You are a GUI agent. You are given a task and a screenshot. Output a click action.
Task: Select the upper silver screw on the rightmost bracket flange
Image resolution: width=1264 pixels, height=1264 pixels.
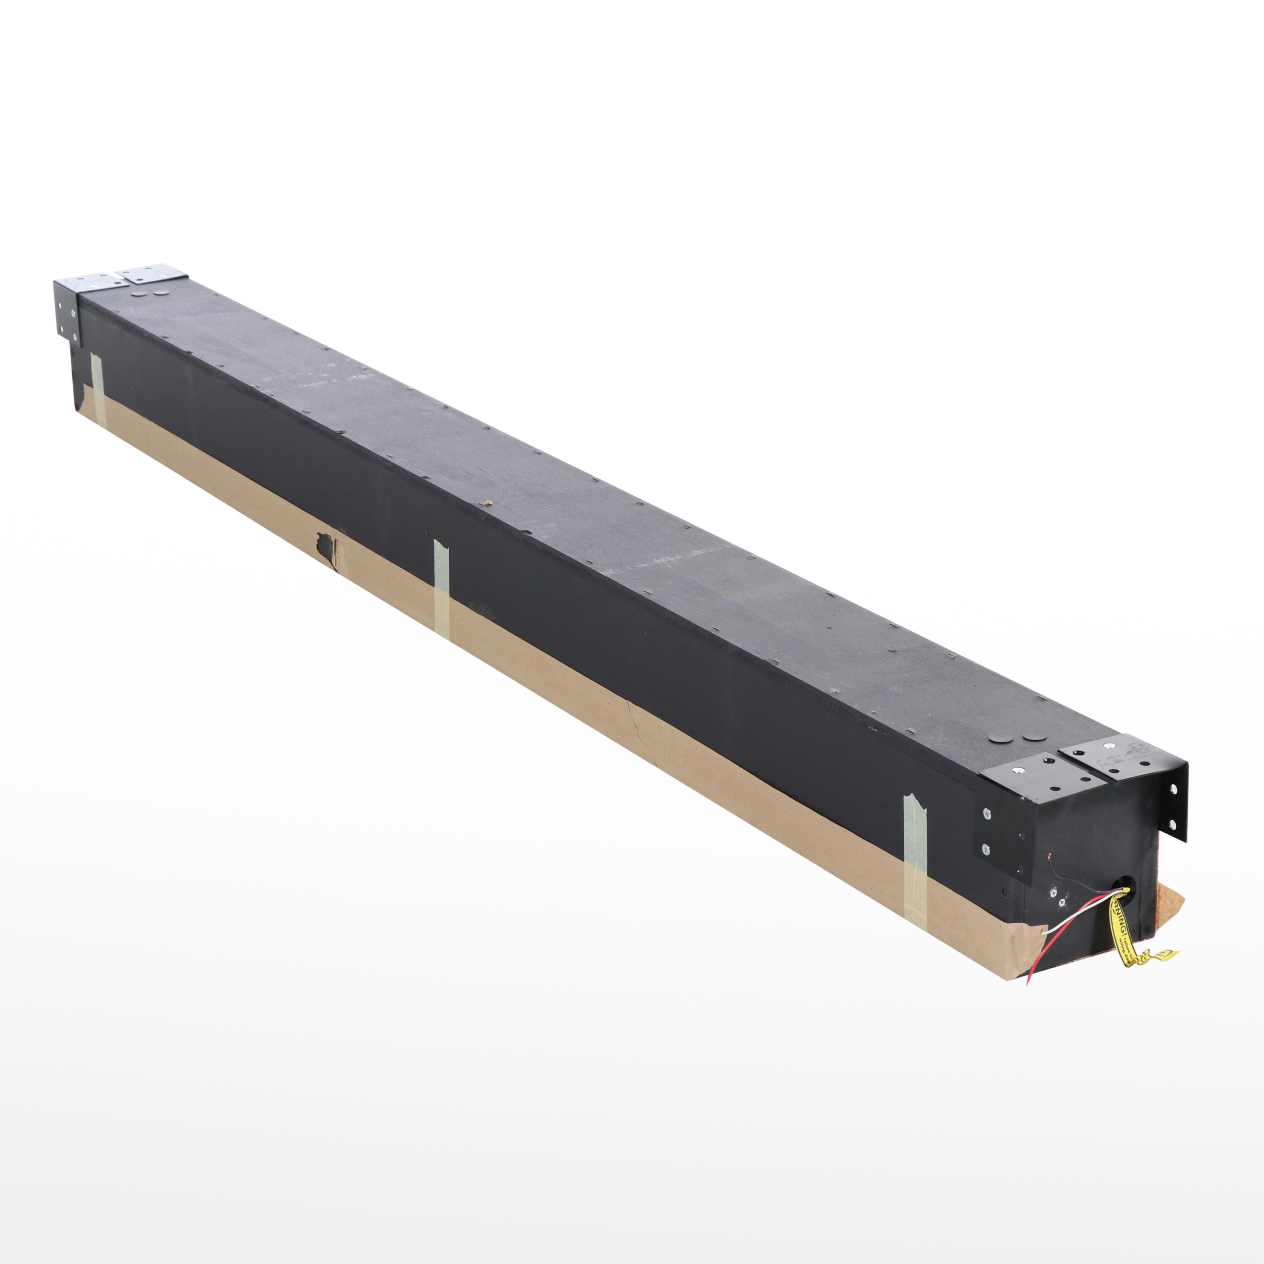[x=1173, y=790]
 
